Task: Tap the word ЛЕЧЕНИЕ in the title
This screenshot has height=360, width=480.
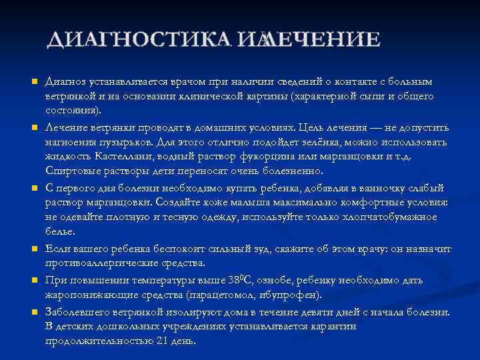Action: [x=323, y=40]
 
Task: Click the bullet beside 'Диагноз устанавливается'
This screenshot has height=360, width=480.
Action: [x=33, y=81]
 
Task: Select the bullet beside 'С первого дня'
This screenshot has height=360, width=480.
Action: [x=33, y=188]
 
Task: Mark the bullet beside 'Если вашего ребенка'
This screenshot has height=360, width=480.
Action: [x=33, y=249]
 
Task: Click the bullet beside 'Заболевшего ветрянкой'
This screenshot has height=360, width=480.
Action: [x=33, y=311]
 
